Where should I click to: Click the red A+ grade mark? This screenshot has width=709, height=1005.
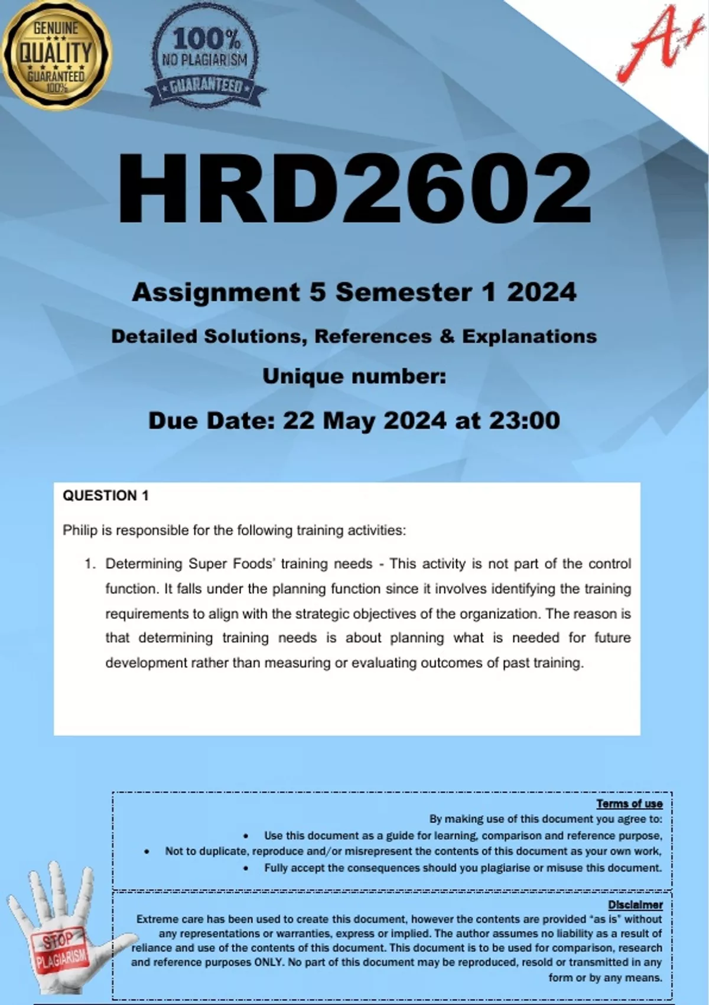653,44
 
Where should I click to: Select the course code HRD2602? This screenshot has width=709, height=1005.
354,188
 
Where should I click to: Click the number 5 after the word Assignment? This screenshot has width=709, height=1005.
317,292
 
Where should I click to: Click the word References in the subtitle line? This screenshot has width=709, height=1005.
373,336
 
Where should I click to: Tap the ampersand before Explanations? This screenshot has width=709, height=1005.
447,336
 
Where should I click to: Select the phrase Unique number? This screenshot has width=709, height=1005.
354,376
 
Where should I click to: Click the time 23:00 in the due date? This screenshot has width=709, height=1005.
524,420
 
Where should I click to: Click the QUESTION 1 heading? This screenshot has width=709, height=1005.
106,495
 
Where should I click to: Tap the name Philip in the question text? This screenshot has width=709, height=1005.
80,530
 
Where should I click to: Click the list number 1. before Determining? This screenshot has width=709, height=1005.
90,564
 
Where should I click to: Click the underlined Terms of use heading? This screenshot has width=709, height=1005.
629,803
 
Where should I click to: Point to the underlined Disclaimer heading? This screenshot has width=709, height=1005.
635,904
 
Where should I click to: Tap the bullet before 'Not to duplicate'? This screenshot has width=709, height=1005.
147,852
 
